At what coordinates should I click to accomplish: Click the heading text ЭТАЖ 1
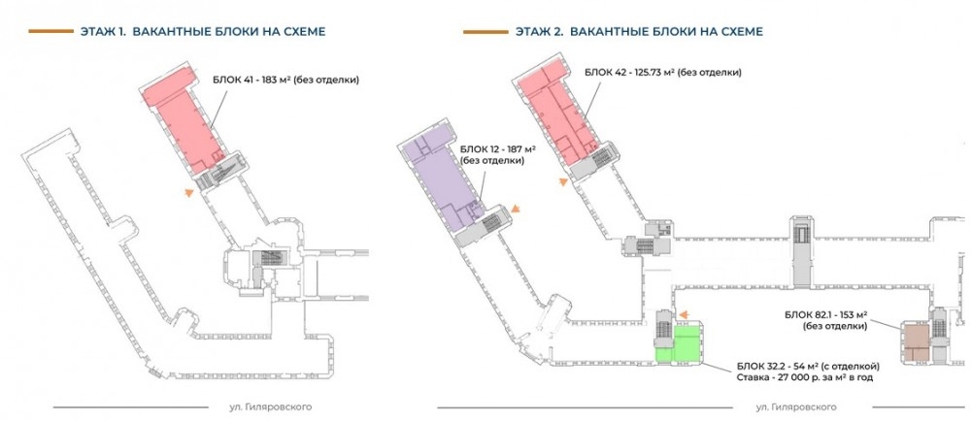tap(103, 32)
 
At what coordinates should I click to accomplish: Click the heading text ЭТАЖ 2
tap(539, 32)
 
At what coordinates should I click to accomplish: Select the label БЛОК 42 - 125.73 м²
tap(629, 72)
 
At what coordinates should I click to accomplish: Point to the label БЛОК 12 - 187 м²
tap(498, 150)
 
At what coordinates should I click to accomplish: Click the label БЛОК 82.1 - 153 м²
tap(825, 314)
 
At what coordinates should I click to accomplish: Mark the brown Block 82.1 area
tap(917, 341)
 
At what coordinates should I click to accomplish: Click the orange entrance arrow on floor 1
tap(189, 193)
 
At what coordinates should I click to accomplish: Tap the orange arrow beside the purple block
tap(515, 210)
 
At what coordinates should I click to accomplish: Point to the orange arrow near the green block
tap(684, 314)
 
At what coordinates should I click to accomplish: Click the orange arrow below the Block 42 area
tap(563, 181)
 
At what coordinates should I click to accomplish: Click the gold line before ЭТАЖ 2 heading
tap(485, 32)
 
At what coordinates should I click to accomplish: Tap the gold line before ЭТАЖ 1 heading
tap(50, 31)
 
